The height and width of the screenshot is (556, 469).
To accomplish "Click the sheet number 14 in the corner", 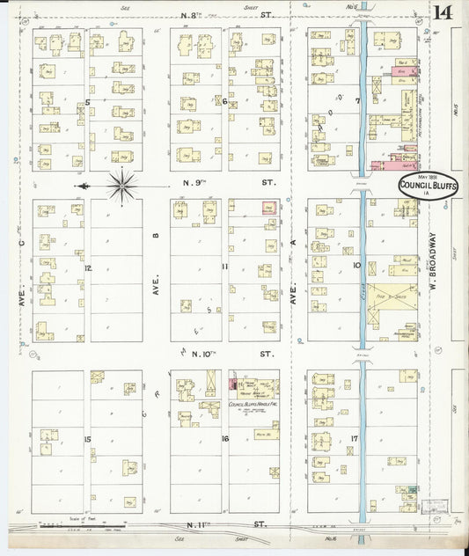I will pos(443,11).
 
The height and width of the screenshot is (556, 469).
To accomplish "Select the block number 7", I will pos(358,101).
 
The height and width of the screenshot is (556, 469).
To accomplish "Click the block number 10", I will pos(357,264).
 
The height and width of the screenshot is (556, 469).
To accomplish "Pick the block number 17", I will pos(354,438).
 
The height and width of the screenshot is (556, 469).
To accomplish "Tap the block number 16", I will pos(225,438).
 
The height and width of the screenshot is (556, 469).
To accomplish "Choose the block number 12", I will pos(88,267).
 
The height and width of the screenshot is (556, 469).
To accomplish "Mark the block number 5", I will pos(88,103).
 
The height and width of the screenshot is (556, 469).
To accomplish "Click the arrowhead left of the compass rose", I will pos(81,186).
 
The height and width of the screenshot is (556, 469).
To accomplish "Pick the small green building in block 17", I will pos(411,489).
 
